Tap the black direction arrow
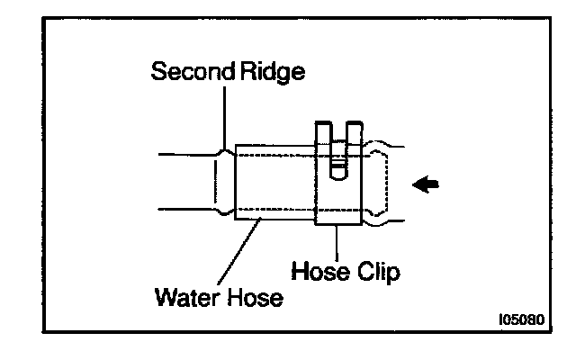click(x=427, y=184)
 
